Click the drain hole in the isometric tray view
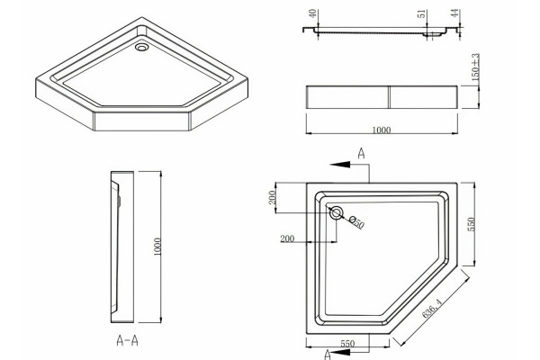pos(141,47)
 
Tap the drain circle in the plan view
pos(336,213)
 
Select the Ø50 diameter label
pos(356,222)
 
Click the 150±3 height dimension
pos(475,67)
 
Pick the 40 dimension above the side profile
pos(312,13)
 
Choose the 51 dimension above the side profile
pos(422,14)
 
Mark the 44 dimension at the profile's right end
pos(455,13)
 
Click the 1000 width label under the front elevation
pos(382,130)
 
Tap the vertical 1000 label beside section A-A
pos(157,247)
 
